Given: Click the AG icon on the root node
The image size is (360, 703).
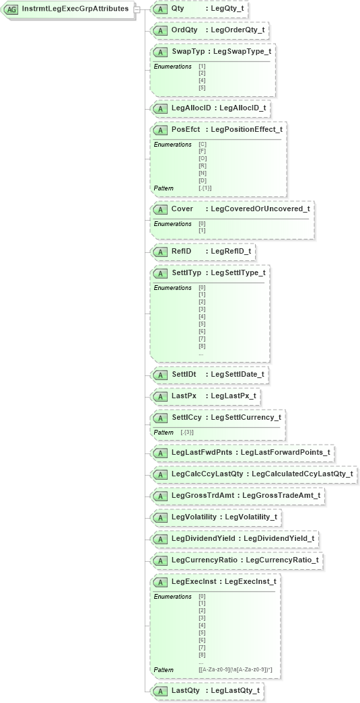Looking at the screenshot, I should pos(12,9).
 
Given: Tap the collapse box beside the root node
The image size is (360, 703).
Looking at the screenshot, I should pos(137,9).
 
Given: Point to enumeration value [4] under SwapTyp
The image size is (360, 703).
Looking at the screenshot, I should pos(202,80).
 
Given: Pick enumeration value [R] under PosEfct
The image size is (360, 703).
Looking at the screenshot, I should pos(202,165).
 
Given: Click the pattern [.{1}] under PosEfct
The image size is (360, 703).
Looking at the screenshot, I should pos(205,188).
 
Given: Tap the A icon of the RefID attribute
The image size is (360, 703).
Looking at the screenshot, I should pos(160,252).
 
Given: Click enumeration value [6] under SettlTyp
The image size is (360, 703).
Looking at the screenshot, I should pos(202,331).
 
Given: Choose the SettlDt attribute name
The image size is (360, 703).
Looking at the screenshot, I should pos(184,374).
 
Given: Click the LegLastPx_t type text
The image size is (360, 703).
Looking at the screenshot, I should pos(233,396).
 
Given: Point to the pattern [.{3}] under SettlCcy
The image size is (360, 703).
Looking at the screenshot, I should pos(187,432).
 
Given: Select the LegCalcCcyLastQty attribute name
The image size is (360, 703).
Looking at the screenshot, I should pos(207,474).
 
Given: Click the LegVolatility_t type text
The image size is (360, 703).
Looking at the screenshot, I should pos(250,517).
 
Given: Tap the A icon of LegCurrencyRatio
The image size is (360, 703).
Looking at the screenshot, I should pos(160,560).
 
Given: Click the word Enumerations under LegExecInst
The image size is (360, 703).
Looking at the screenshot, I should pos(172,596).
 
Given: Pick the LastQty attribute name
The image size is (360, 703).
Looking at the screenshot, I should pos(186,690).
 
